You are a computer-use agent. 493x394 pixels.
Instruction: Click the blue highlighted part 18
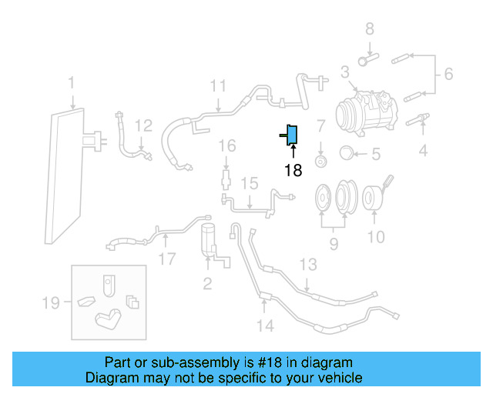[292, 135]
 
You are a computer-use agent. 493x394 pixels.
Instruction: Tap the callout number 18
[293, 170]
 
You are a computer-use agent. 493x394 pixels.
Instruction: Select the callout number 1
[71, 82]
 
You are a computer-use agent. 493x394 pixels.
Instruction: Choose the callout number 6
[448, 75]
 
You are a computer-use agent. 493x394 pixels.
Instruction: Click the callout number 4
[423, 152]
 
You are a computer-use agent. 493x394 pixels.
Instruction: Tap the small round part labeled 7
[322, 159]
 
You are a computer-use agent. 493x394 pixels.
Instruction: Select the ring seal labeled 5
[347, 152]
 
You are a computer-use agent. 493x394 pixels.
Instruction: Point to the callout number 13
[307, 265]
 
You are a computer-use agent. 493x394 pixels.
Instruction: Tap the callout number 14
[264, 326]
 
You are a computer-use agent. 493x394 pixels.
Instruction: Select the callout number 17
[167, 259]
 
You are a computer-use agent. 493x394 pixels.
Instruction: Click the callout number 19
[50, 303]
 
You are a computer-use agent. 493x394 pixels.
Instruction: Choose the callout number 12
[144, 125]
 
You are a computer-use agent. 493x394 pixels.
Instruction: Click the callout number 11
[219, 85]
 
